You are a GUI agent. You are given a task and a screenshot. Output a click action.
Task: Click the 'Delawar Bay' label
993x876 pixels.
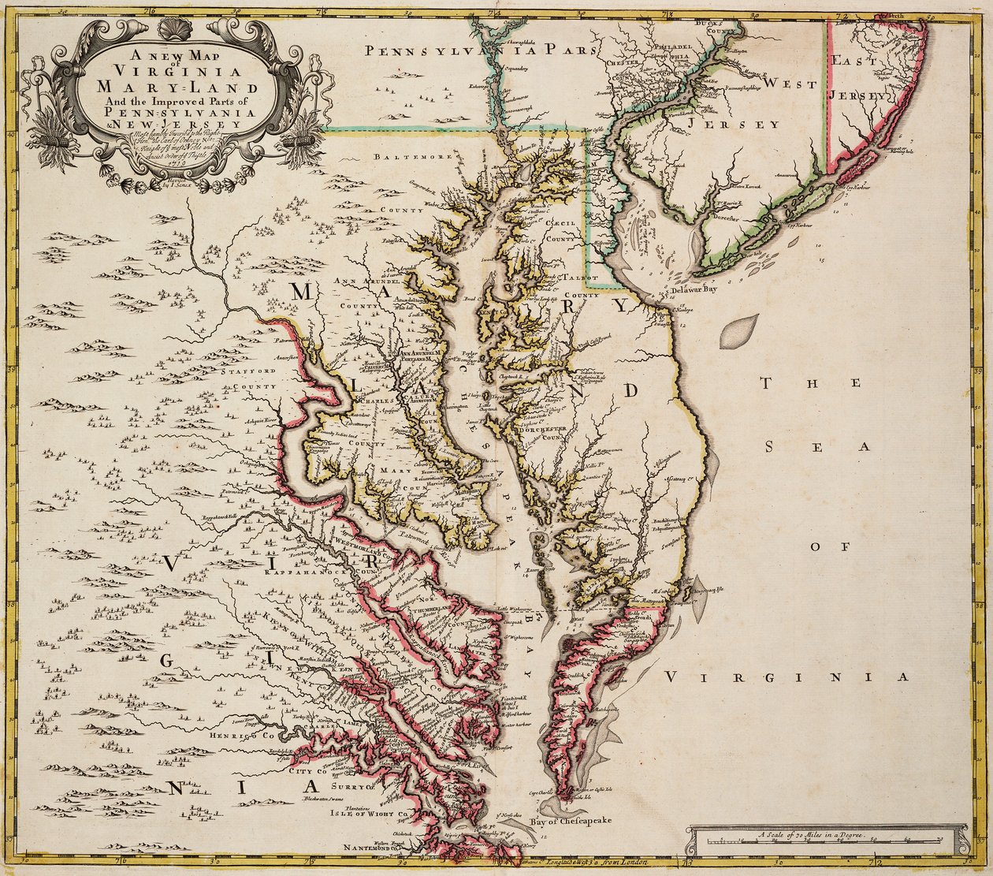click(x=697, y=289)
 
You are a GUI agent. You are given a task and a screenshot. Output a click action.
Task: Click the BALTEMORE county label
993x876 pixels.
click(x=406, y=157)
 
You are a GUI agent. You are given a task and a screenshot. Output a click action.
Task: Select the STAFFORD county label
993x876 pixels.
click(x=248, y=370)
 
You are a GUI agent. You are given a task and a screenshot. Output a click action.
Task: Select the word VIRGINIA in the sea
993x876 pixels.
click(x=785, y=677)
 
